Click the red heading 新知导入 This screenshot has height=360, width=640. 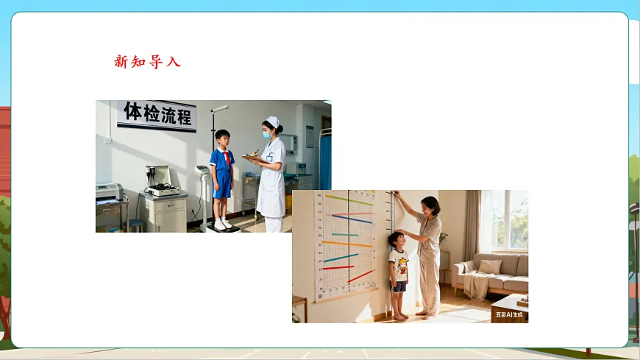coord(147,62)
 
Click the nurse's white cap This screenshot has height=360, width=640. coord(273,121)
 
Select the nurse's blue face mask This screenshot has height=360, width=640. coord(267,135)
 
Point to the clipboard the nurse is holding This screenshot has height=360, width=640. coord(252,158)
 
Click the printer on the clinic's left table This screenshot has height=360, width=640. coord(109,193)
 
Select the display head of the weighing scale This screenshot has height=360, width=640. coord(202,171)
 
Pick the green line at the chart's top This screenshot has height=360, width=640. coord(349,200)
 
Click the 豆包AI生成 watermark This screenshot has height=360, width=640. coord(511,314)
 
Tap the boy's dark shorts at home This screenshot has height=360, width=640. coord(398,286)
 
